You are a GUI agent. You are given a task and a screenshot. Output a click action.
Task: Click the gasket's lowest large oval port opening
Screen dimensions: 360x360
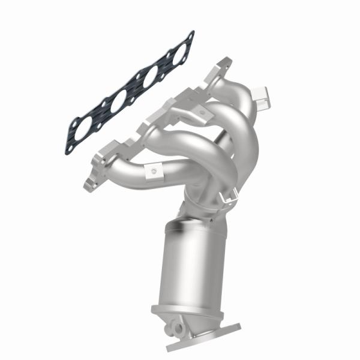pyautogui.click(x=84, y=127)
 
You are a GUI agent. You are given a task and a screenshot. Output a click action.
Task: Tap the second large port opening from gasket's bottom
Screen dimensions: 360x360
pyautogui.click(x=118, y=100)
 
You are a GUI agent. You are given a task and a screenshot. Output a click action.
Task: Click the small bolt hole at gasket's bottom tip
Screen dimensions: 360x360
pyautogui.click(x=71, y=147)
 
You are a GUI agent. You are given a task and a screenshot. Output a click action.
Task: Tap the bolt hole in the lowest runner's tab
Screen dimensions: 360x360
pyautogui.click(x=154, y=173)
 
